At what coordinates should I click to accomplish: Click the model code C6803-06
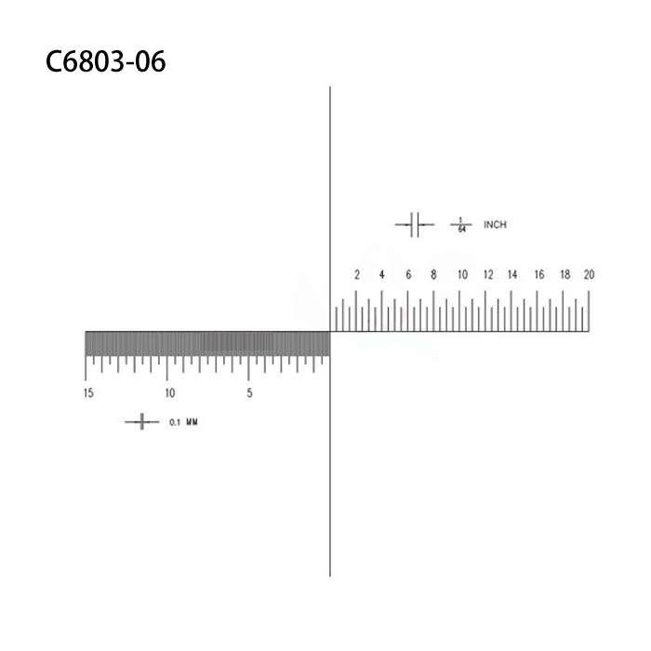tap(105, 62)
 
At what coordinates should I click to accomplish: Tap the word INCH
tap(495, 224)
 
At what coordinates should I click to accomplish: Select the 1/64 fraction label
tap(459, 224)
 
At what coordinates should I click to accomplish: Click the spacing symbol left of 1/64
tap(415, 224)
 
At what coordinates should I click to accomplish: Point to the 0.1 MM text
tap(183, 422)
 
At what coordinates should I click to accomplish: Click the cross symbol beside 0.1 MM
tap(141, 422)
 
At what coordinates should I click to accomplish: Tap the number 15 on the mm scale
tap(87, 393)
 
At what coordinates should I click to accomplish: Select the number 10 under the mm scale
tap(169, 393)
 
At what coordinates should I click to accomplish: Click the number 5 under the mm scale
tap(249, 393)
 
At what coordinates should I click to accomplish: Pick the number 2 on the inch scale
tap(357, 274)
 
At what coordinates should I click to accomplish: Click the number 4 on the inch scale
tap(382, 274)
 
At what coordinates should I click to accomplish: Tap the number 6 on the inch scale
tap(408, 274)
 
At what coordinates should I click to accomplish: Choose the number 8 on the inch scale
tap(433, 274)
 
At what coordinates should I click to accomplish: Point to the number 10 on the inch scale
tap(461, 274)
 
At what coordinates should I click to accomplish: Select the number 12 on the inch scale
tap(487, 274)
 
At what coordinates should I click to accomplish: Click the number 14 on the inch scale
tap(512, 274)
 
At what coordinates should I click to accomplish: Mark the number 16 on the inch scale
tap(538, 274)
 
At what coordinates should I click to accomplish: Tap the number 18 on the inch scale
tap(565, 274)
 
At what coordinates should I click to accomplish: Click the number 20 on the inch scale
tap(589, 274)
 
